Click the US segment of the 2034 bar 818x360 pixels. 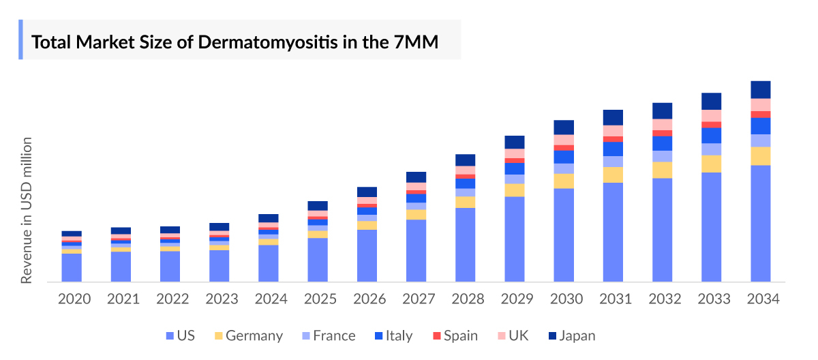pyautogui.click(x=760, y=223)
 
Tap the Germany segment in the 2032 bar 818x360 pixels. pyautogui.click(x=662, y=170)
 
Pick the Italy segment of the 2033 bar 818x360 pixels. pyautogui.click(x=711, y=136)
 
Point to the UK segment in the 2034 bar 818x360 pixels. pyautogui.click(x=760, y=105)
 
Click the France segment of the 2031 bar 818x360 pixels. pyautogui.click(x=613, y=162)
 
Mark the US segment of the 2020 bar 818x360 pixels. pyautogui.click(x=72, y=267)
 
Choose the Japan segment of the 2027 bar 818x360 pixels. pyautogui.click(x=416, y=177)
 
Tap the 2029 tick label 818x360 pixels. pyautogui.click(x=515, y=299)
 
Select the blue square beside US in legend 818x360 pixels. pyautogui.click(x=170, y=336)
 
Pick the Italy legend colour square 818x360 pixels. pyautogui.click(x=380, y=336)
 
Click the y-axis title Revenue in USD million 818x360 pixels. pyautogui.click(x=27, y=210)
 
